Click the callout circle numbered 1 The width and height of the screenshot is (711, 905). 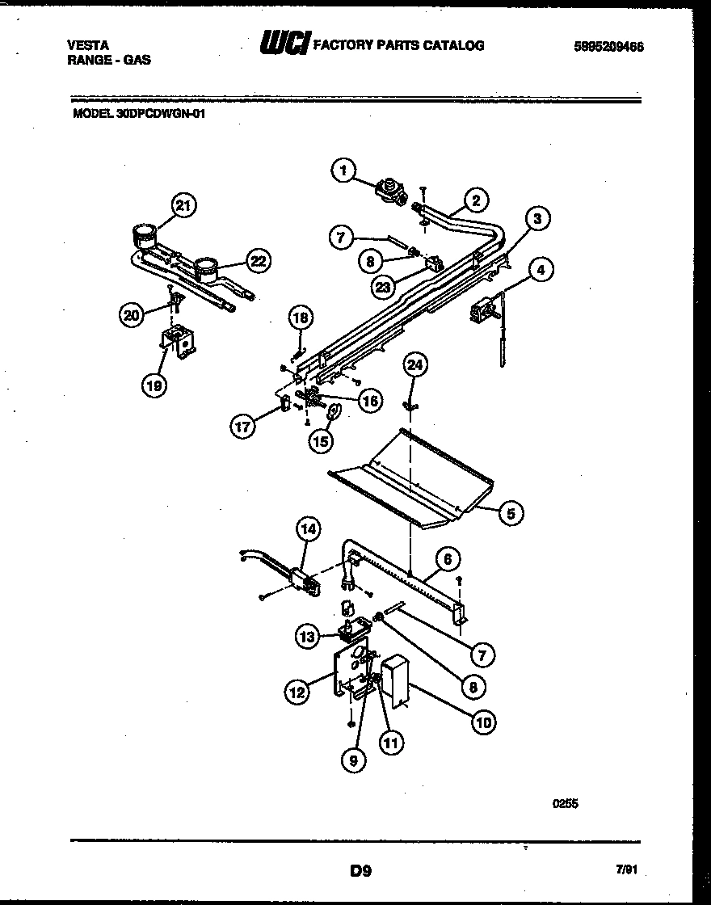coord(343,170)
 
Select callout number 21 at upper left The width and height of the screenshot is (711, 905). coord(183,206)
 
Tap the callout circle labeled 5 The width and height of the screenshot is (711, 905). coord(510,511)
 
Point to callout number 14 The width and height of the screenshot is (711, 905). coord(308,530)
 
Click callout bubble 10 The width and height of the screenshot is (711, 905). coord(482,722)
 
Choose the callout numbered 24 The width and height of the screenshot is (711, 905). coord(414,365)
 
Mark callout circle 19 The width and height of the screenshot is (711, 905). coord(154,385)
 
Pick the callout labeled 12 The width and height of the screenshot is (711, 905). coord(296,691)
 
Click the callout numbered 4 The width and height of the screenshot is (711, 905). coord(541,270)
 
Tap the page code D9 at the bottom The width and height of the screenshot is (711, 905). coord(360,871)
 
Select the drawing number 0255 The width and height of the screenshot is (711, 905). coord(566,804)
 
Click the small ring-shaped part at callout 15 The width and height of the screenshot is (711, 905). coord(332,414)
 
